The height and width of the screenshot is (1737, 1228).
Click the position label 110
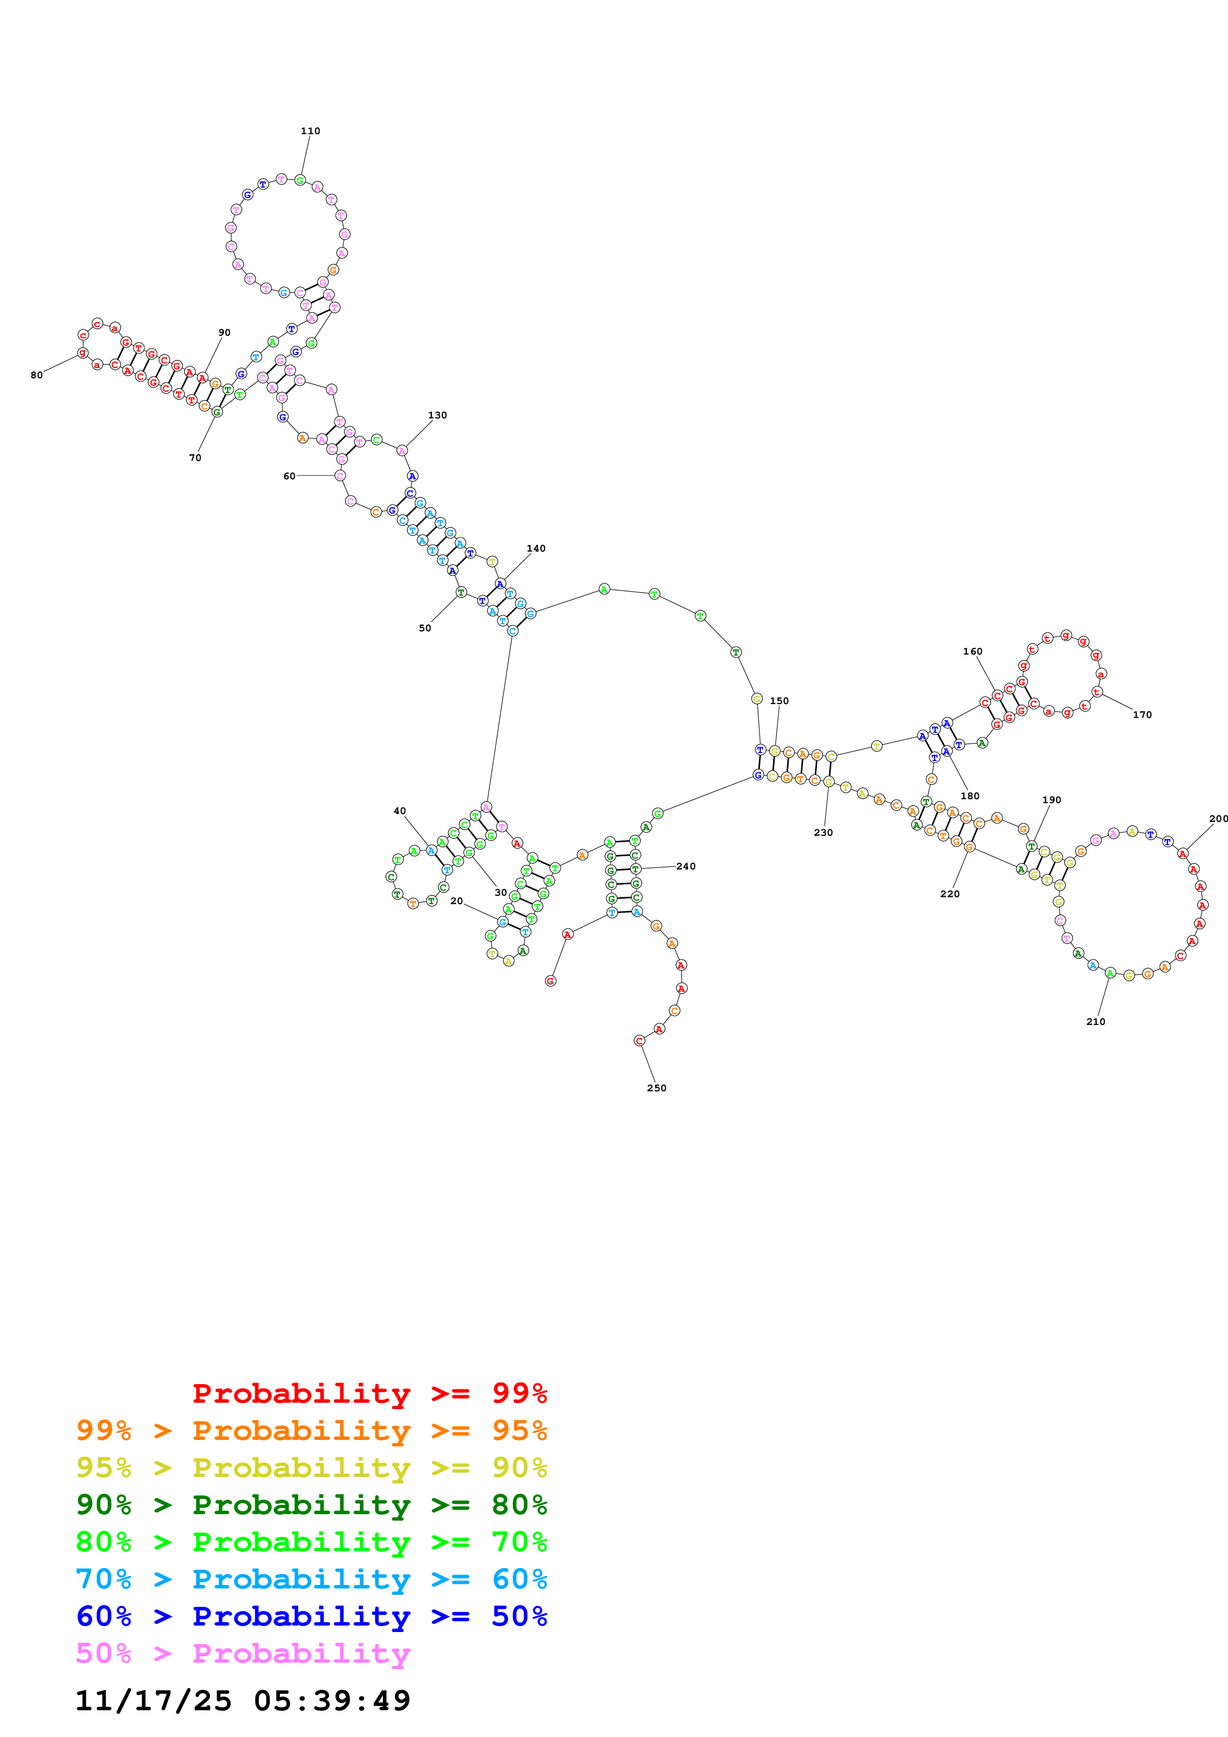pos(310,131)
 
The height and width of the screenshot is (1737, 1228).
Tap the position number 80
pos(36,375)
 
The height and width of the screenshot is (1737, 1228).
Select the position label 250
pos(656,1088)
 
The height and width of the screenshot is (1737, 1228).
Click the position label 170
pos(1142,714)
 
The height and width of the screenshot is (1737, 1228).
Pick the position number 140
pos(535,549)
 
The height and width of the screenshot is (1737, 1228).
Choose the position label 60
pos(289,476)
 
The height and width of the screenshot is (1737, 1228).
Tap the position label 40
pos(399,811)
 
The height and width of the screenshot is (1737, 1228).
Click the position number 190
pos(1051,800)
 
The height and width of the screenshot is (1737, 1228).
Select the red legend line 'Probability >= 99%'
pos(369,1393)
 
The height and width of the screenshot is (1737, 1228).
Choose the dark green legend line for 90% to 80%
pos(311,1505)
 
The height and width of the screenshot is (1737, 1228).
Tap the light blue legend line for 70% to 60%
pos(311,1579)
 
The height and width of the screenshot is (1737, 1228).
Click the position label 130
pos(437,415)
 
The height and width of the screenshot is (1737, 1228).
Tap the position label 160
pos(972,652)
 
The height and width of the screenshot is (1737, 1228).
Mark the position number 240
pos(686,866)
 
